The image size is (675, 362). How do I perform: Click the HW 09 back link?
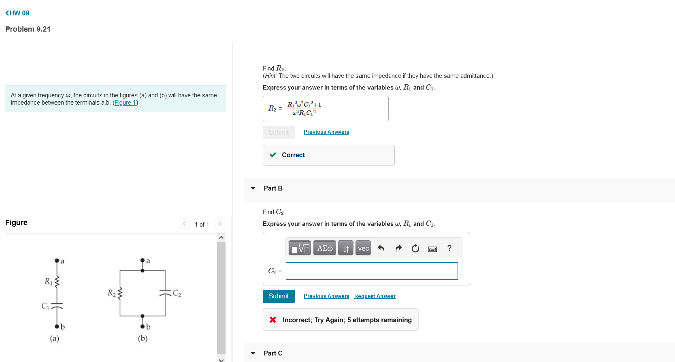[17, 13]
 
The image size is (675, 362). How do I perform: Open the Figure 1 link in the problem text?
[125, 103]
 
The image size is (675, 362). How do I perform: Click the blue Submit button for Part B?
[279, 296]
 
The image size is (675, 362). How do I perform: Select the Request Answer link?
[375, 296]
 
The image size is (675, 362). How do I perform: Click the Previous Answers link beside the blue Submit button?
[326, 296]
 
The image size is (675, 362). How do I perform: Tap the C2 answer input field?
[372, 271]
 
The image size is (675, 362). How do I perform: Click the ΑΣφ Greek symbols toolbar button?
[324, 248]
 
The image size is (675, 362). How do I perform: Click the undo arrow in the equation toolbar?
[381, 248]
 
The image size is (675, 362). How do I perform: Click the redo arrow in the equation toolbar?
[398, 248]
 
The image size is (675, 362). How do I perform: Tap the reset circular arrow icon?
[415, 248]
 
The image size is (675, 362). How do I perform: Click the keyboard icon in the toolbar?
[432, 248]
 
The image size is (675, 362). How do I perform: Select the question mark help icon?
[449, 248]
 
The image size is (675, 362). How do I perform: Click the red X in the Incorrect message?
[273, 320]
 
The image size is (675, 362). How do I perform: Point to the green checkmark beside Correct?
[273, 155]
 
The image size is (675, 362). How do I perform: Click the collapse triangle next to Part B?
[253, 188]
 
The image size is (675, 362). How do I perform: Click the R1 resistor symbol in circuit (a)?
[57, 281]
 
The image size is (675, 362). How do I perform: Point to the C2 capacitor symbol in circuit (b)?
[165, 293]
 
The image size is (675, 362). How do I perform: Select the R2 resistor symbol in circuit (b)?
[120, 293]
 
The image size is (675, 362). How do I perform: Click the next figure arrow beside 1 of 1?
[219, 224]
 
